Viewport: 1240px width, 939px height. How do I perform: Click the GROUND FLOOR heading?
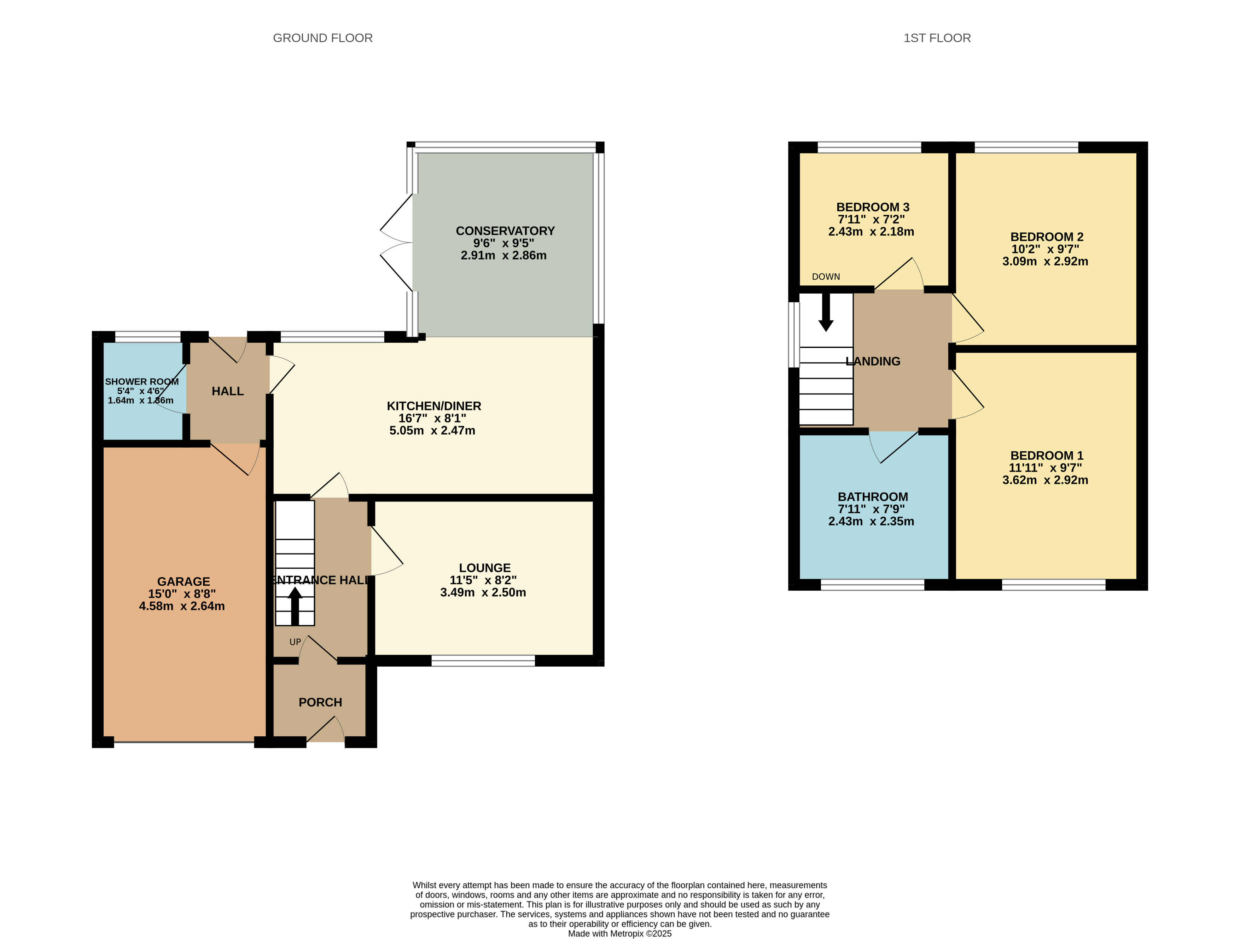tap(322, 38)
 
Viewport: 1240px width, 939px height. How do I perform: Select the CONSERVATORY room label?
tap(505, 231)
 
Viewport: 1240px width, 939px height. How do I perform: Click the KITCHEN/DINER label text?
tap(434, 406)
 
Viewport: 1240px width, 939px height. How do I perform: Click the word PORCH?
tap(320, 702)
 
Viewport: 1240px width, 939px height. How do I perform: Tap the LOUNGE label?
tap(485, 568)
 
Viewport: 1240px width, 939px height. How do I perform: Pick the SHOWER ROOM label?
tap(142, 382)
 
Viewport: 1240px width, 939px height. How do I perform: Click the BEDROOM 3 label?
tap(873, 207)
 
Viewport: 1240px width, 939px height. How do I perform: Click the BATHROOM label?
tap(873, 497)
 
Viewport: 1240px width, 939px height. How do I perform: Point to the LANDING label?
tap(873, 361)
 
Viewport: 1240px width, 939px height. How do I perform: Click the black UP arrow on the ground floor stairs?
tap(295, 605)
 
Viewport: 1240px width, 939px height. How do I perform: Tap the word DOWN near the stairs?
tap(826, 277)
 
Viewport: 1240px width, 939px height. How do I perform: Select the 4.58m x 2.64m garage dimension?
tap(182, 606)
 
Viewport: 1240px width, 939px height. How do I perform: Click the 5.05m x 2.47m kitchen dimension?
tap(432, 430)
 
